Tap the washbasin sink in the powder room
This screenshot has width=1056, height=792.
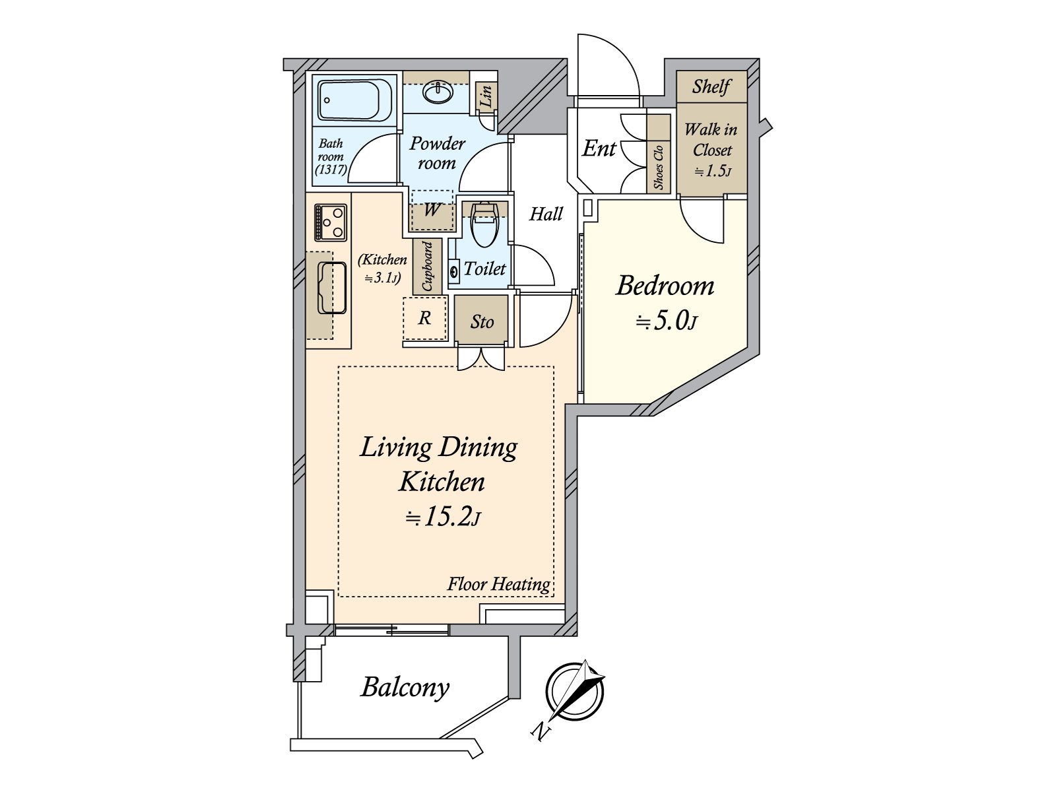click(x=437, y=93)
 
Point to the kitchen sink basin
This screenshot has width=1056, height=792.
click(x=332, y=288)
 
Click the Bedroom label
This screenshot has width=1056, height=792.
click(x=665, y=286)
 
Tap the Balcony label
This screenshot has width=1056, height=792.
click(x=405, y=687)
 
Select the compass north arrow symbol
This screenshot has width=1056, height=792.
click(x=576, y=691)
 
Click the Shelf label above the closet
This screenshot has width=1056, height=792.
click(x=711, y=86)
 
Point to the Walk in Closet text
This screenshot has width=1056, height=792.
click(x=711, y=139)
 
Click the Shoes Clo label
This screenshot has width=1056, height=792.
click(x=658, y=167)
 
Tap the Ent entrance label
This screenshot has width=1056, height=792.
click(x=599, y=148)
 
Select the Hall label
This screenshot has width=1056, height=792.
click(x=546, y=213)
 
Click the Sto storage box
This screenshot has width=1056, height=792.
click(x=482, y=321)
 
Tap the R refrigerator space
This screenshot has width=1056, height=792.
click(x=424, y=318)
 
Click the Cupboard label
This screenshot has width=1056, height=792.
click(x=427, y=267)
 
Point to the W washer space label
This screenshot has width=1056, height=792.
click(x=432, y=210)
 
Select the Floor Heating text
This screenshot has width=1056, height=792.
click(x=498, y=584)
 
